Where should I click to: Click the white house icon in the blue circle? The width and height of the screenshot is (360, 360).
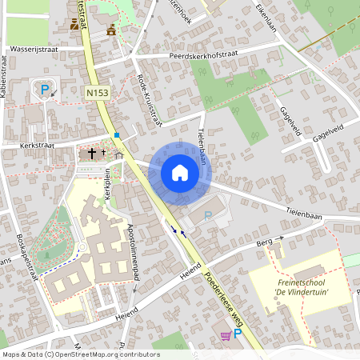click(x=180, y=172)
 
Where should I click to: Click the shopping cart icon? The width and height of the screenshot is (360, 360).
click(x=226, y=335)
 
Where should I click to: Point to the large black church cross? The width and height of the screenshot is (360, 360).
click(x=92, y=152)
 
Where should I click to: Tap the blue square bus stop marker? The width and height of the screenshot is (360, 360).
click(x=117, y=135)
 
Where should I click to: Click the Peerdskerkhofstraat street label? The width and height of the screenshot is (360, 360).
click(x=204, y=56)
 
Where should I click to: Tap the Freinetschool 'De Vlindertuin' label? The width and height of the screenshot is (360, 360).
click(x=302, y=286)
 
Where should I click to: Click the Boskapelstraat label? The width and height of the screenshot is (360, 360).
click(x=27, y=258)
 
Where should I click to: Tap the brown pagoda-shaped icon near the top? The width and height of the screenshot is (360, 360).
click(x=111, y=30)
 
